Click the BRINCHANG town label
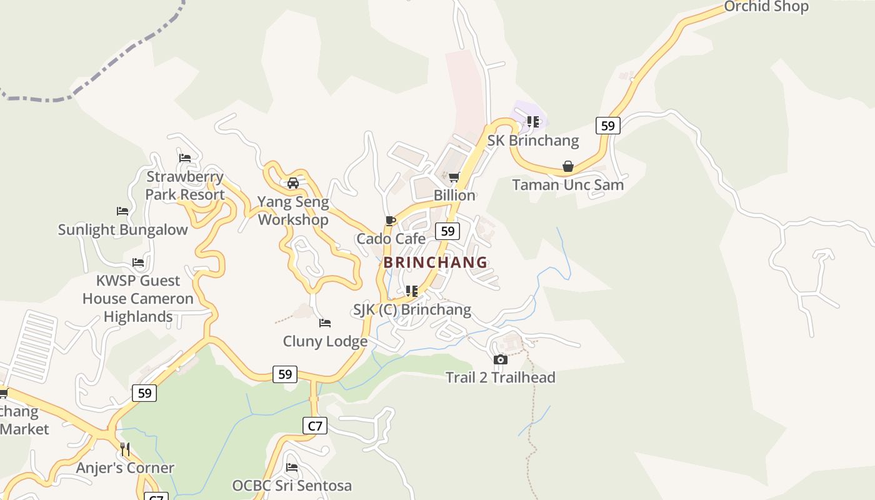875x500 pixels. (435, 262)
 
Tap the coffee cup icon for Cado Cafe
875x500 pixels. (391, 221)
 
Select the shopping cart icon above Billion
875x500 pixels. (454, 177)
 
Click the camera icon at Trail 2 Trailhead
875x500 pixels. (500, 359)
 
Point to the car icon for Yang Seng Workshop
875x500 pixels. (292, 183)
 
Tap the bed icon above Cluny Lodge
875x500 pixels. (325, 323)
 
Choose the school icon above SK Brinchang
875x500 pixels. (532, 122)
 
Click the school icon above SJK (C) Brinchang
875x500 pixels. (411, 291)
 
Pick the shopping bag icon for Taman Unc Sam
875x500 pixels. (567, 166)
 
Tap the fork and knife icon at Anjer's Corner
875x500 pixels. (125, 449)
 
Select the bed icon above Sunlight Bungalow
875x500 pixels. (122, 212)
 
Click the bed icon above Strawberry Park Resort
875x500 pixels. (184, 158)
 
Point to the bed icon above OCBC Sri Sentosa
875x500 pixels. (292, 467)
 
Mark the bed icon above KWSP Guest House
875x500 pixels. (138, 262)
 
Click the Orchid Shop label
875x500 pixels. (766, 7)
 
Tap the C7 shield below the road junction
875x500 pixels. (316, 426)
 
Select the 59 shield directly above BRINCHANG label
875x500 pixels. (447, 231)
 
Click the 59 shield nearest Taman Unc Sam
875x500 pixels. (607, 126)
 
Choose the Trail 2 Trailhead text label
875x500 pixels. (500, 377)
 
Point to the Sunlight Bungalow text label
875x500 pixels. (122, 230)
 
